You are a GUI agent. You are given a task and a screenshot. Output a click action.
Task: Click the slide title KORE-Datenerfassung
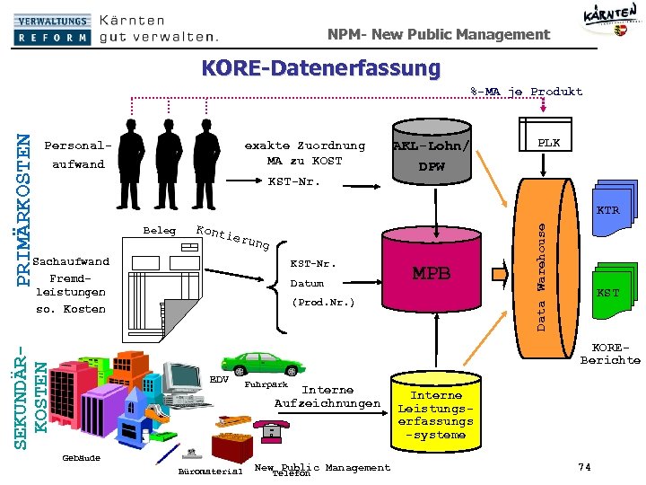click(x=321, y=68)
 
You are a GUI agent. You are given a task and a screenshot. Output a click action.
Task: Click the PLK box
click(x=548, y=144)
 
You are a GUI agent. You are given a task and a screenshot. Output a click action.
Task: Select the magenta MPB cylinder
click(x=431, y=274)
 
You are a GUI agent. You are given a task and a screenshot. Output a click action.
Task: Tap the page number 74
click(x=584, y=467)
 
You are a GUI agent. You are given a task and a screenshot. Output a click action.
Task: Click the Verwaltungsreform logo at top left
click(x=52, y=29)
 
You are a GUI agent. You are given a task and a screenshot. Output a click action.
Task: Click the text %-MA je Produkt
click(x=527, y=92)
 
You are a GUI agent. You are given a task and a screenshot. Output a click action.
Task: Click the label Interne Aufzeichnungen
click(x=327, y=397)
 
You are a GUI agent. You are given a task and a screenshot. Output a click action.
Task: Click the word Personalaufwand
click(x=78, y=154)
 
